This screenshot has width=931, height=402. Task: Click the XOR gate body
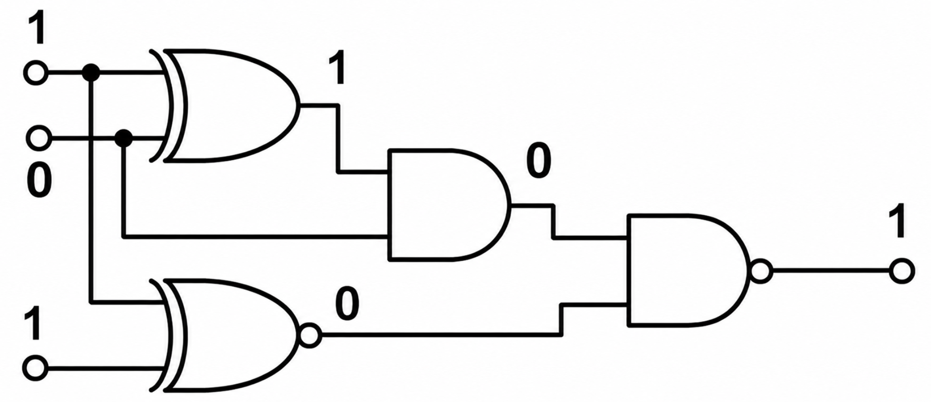click(227, 105)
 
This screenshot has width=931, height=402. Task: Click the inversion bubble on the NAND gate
click(761, 271)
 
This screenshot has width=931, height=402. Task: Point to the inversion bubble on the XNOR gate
click(310, 337)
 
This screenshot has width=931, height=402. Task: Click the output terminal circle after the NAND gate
click(902, 271)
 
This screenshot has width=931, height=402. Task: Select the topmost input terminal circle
click(36, 72)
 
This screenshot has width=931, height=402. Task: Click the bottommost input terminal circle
click(35, 369)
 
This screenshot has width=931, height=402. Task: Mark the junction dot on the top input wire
click(91, 72)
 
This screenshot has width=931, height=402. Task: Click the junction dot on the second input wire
click(123, 138)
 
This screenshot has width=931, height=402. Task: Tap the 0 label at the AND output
click(539, 162)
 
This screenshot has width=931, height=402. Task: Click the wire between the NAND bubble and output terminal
click(830, 271)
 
